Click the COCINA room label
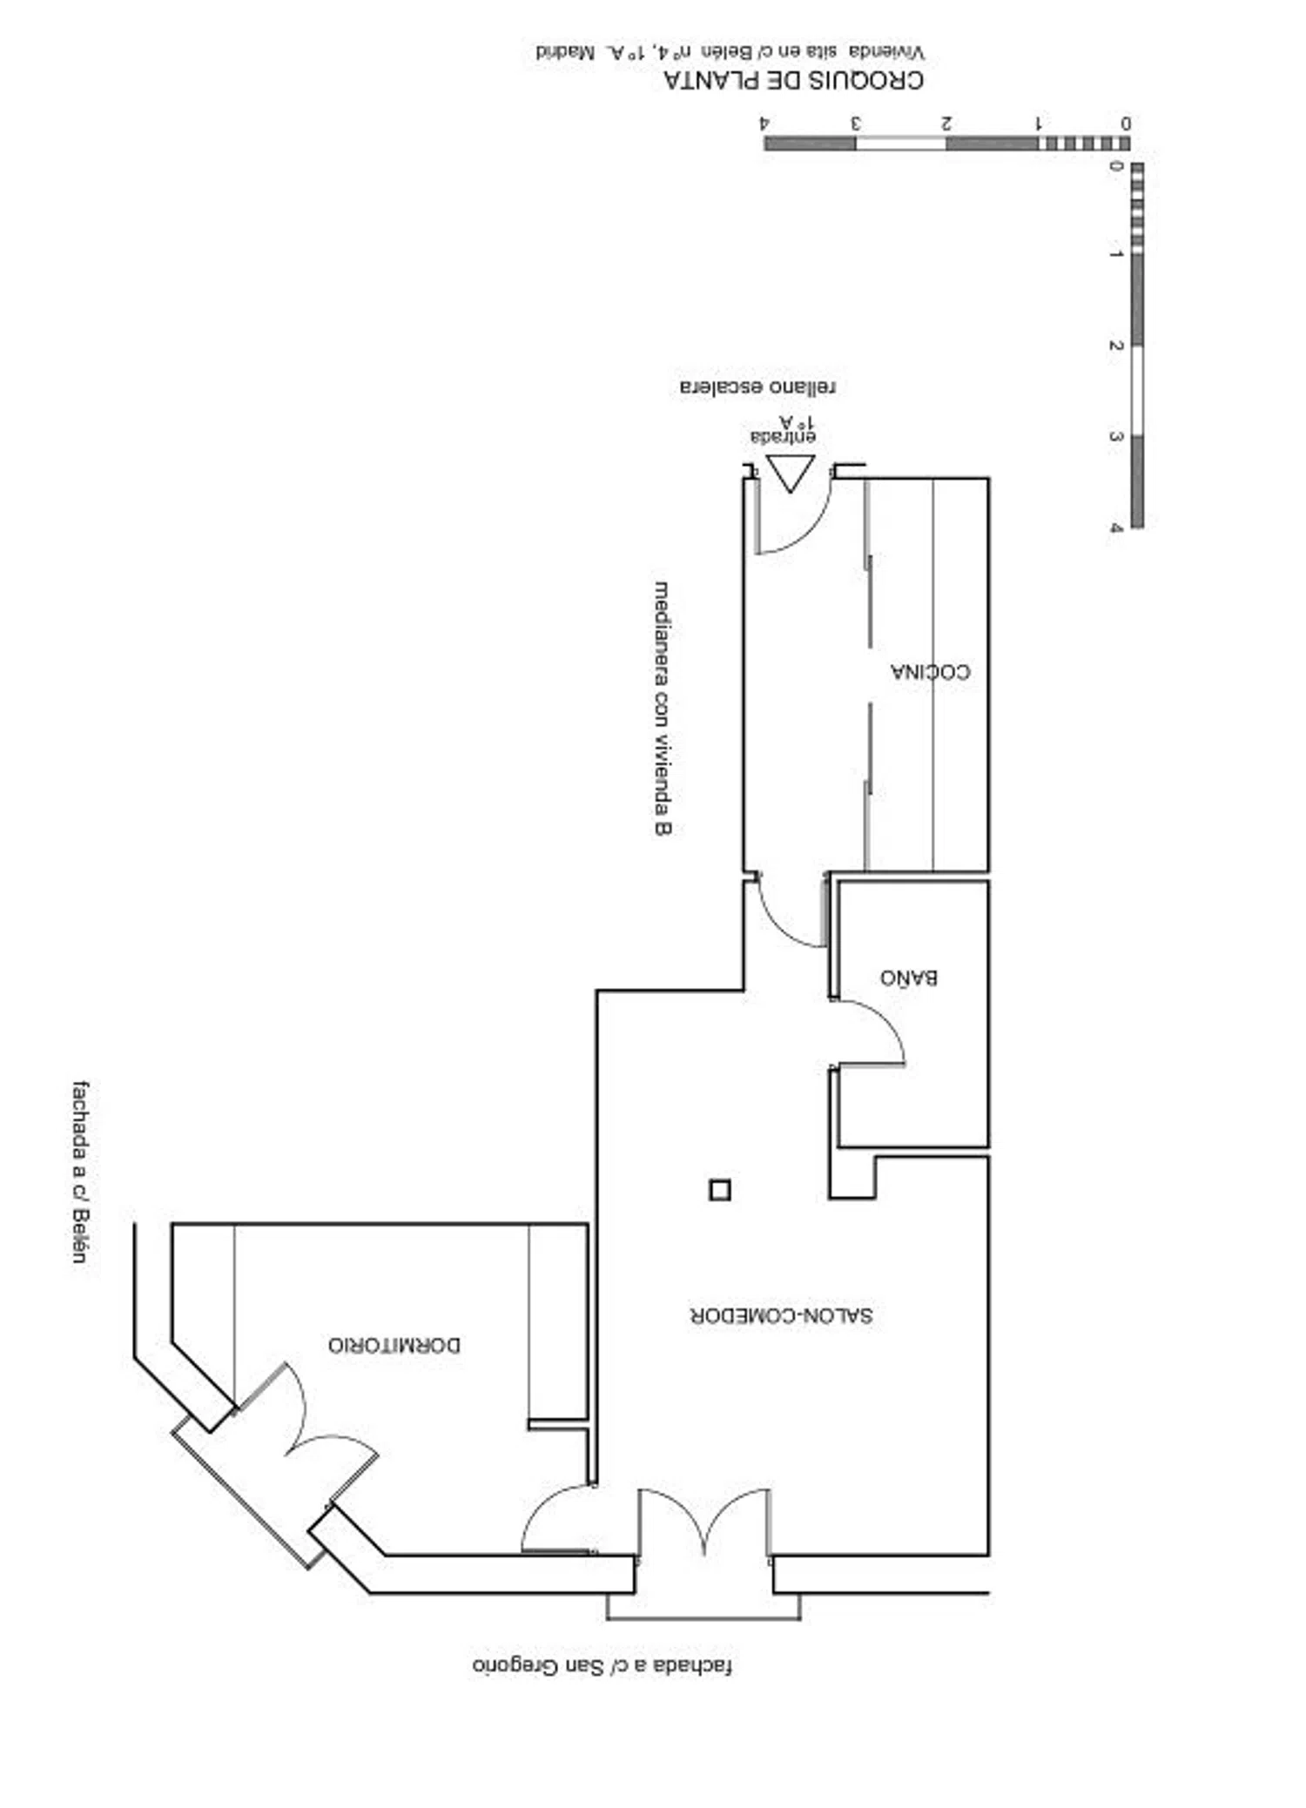click(930, 671)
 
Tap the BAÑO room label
click(908, 977)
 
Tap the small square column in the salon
click(719, 1190)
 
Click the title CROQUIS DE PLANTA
click(793, 80)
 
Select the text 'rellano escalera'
click(757, 386)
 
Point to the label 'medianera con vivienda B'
click(663, 709)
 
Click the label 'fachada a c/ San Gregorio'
click(602, 1665)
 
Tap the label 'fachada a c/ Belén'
click(81, 1172)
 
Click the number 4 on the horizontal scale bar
click(765, 123)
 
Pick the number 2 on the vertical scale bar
click(1115, 346)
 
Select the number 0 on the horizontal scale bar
click(1125, 123)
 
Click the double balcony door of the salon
click(704, 1522)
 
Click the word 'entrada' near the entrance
click(784, 435)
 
